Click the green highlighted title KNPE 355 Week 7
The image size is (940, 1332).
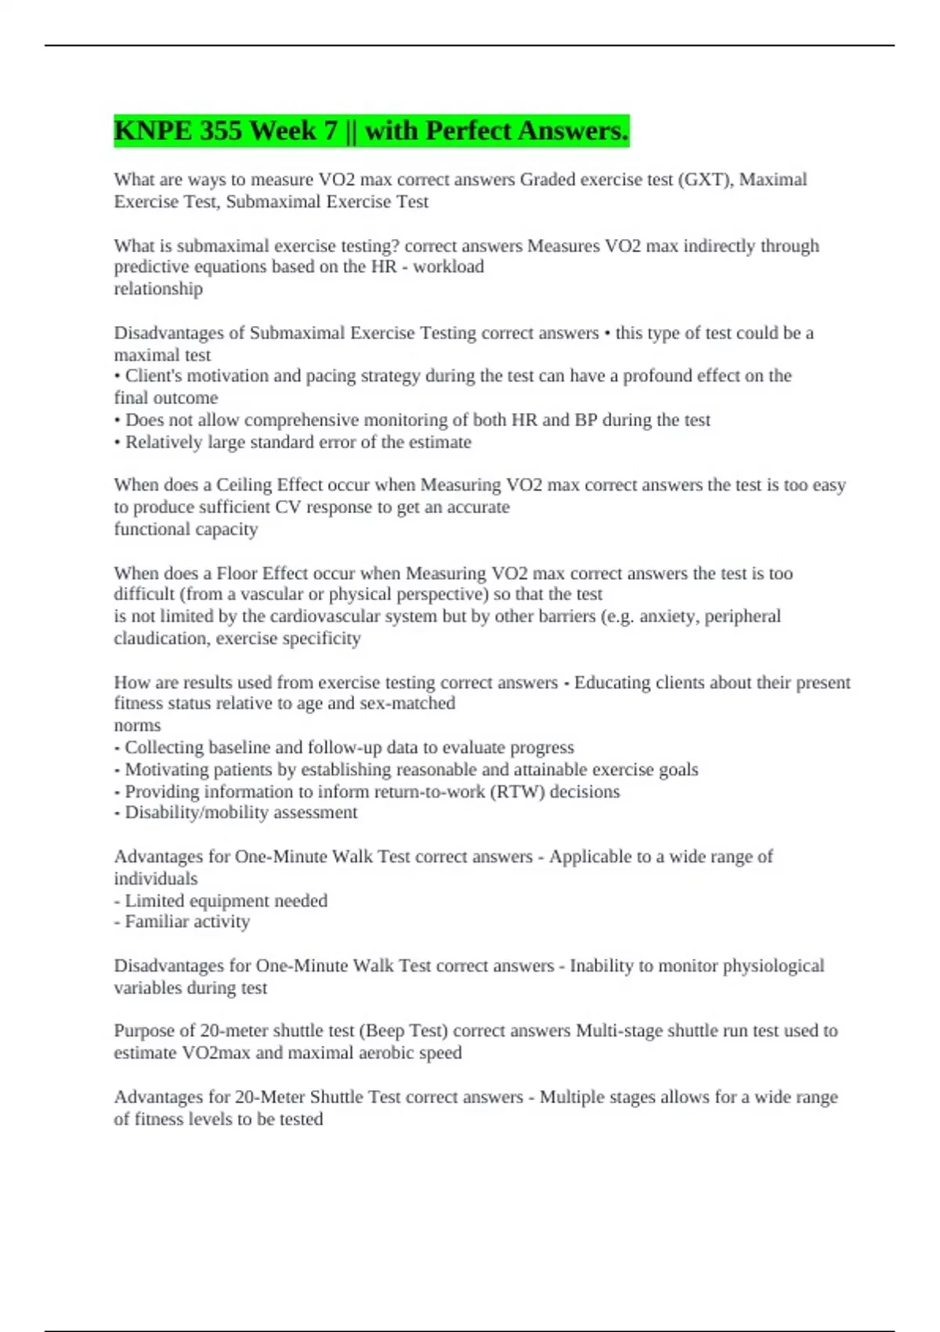pos(371,131)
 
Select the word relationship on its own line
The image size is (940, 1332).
pos(158,289)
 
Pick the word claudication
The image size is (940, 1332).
pos(162,639)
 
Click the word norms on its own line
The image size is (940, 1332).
pos(137,726)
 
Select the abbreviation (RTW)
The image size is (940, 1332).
pos(517,791)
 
